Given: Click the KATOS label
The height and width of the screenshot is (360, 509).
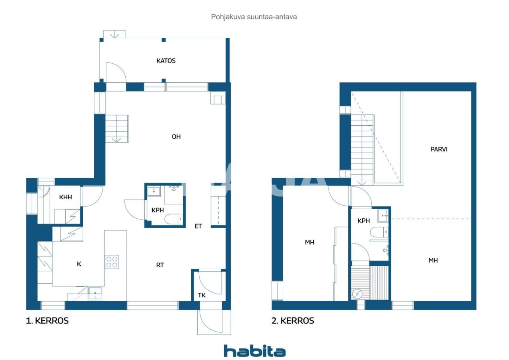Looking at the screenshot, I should pos(166,61).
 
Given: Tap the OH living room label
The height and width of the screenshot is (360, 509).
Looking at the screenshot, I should pos(176,136).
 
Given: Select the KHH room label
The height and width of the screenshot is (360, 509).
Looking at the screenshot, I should pos(65,197).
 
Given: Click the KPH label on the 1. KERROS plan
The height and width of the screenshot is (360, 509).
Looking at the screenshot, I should pos(158,210).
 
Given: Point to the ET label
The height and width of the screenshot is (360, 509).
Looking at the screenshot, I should pos(198,226).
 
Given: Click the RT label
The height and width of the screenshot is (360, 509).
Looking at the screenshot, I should pos(160,265).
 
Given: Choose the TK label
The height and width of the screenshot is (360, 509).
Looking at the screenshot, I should pos(202,295).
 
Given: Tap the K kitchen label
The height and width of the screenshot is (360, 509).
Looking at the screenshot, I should pos(79,264).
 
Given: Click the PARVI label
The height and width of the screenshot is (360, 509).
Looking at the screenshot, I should pos(439,150).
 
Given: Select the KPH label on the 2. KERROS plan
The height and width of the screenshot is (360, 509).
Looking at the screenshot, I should pos(363,220).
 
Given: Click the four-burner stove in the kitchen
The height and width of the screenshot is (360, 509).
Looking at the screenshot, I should pos(112,262).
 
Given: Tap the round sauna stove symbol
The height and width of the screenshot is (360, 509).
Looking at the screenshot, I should pos(357,294).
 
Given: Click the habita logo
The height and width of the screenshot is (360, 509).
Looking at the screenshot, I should pos(254,351).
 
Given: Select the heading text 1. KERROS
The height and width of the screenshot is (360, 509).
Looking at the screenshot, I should pos(47,321).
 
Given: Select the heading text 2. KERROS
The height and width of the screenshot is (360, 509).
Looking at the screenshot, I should pos(293,321).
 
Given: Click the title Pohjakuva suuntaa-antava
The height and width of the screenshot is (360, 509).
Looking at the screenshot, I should pos(254,17).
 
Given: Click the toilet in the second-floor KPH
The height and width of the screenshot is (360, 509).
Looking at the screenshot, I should pos(378,232).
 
